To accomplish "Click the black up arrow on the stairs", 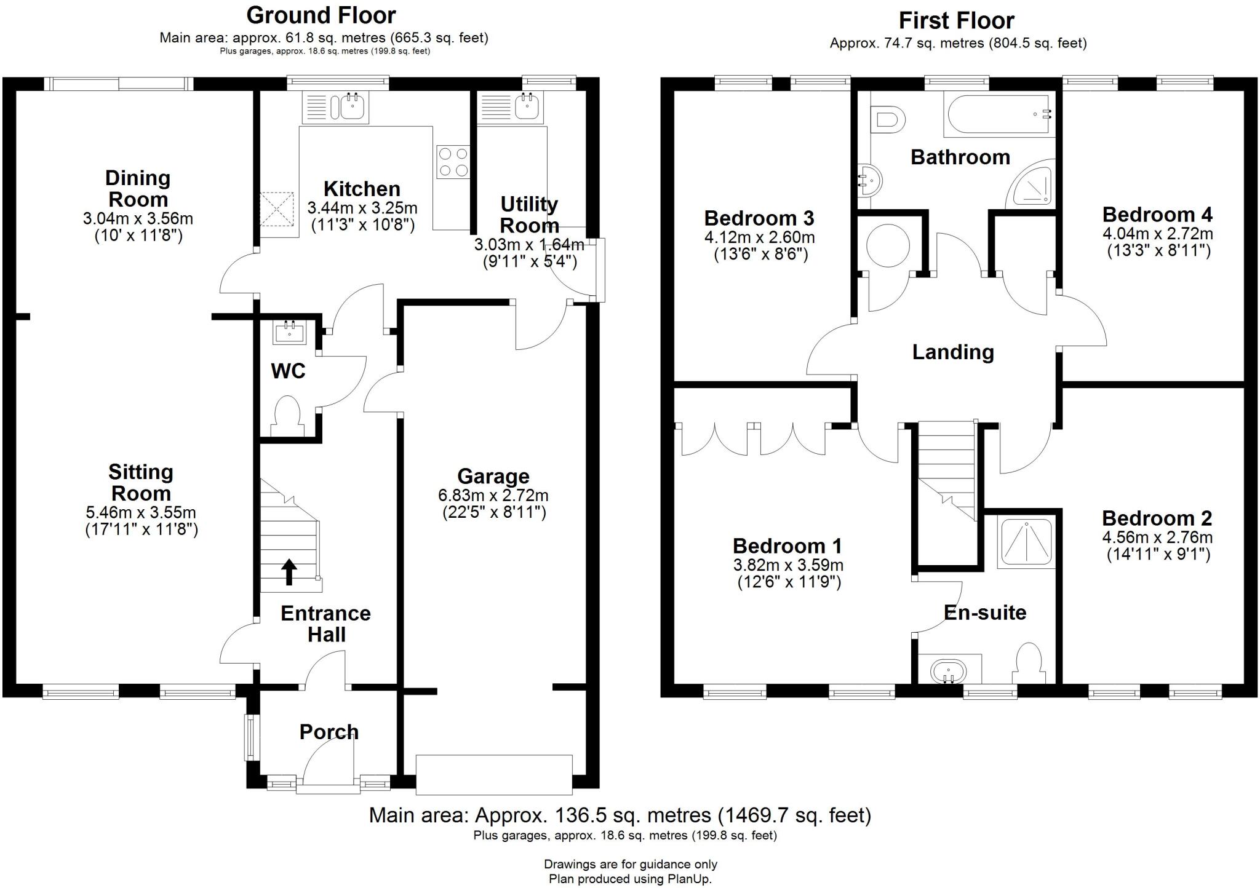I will pos(289,571).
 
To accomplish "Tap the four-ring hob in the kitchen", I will pos(453,162).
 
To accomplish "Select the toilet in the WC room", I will pos(288,416).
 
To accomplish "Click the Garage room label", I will pos(493,477).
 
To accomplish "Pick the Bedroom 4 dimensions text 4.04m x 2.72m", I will pos(1158,234).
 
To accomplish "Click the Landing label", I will pos(952,352).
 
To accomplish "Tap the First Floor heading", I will pos(956,21).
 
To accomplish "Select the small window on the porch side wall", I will pos(250,736).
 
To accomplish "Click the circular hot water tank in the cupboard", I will pos(888,245).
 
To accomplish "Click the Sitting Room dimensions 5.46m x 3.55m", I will pos(141,512).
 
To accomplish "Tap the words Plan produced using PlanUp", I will pos(630,879).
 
